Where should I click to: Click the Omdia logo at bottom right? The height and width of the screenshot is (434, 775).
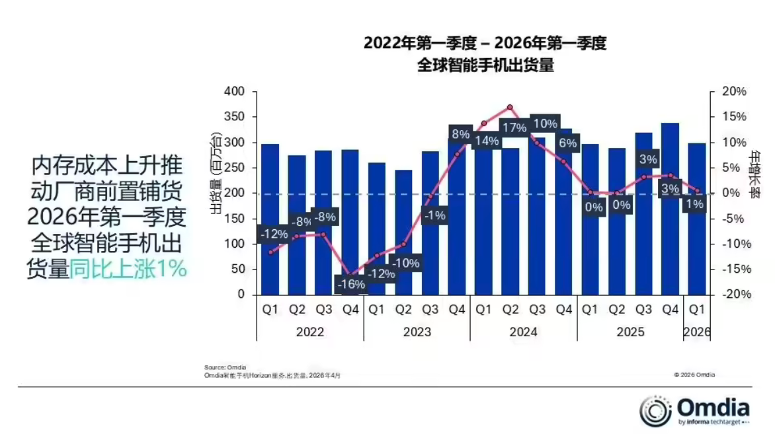coord(694,411)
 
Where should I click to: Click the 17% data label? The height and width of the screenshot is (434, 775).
coord(513,127)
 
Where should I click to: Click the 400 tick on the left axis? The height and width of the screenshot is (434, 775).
coord(235,91)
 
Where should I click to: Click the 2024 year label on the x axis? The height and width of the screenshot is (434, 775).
coord(523,332)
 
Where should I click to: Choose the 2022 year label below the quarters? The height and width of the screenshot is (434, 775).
coord(309,332)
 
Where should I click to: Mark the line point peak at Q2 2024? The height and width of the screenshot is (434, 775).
coord(509,107)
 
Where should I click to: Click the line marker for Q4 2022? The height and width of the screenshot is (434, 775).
coord(350,275)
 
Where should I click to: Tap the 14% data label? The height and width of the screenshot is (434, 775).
coord(486,140)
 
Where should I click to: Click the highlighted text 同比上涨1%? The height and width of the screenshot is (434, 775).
coord(128,270)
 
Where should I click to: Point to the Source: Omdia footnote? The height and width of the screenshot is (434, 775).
coord(225,367)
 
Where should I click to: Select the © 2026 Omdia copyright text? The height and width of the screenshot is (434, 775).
coord(694,375)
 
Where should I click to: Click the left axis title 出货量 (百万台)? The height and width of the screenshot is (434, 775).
coord(216,174)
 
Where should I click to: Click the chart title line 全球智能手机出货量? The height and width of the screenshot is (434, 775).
coord(485,65)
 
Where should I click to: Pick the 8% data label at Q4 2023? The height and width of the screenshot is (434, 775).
coord(460,134)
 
